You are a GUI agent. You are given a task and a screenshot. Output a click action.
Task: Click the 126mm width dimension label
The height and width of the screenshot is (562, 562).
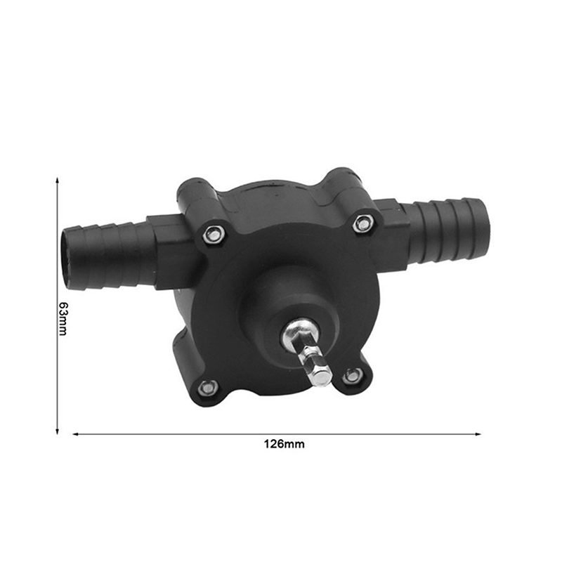click(285, 444)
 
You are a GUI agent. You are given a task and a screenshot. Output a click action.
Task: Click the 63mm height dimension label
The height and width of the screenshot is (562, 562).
click(63, 319)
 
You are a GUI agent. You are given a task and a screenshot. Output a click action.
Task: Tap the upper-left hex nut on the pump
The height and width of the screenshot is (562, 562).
click(214, 235)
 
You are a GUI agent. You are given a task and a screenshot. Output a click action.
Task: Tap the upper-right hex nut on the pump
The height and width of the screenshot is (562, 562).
click(362, 224)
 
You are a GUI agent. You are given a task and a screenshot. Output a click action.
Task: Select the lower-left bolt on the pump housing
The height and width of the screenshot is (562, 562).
click(207, 387)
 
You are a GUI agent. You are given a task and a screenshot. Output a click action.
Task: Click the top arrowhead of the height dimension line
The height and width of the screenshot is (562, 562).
click(57, 178)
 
